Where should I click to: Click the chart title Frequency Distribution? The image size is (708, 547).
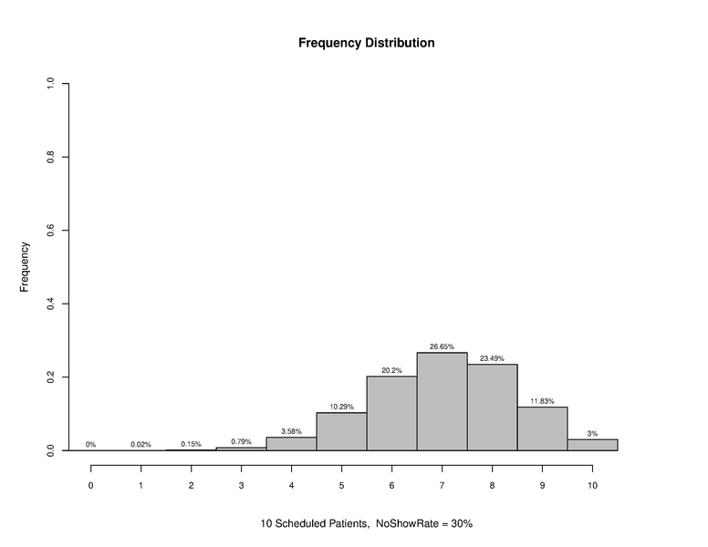(366, 43)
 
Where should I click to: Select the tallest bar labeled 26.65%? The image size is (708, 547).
(442, 401)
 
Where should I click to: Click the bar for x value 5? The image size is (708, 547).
(341, 431)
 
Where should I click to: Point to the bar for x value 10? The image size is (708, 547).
(592, 445)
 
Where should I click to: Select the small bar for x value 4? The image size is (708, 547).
(291, 444)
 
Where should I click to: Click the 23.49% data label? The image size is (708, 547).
(492, 358)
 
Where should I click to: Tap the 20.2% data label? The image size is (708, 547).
(391, 370)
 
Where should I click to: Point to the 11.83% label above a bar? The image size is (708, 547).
(542, 401)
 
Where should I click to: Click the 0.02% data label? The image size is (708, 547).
(141, 444)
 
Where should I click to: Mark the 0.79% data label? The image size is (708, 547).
(241, 441)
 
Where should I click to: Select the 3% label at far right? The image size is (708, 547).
(592, 434)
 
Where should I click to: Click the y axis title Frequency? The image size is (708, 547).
(25, 266)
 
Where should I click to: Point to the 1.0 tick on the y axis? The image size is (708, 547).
(50, 84)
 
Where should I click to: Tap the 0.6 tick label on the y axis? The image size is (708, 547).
(50, 231)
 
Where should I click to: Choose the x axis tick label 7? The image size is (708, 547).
(442, 485)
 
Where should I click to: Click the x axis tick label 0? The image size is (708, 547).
(90, 485)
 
